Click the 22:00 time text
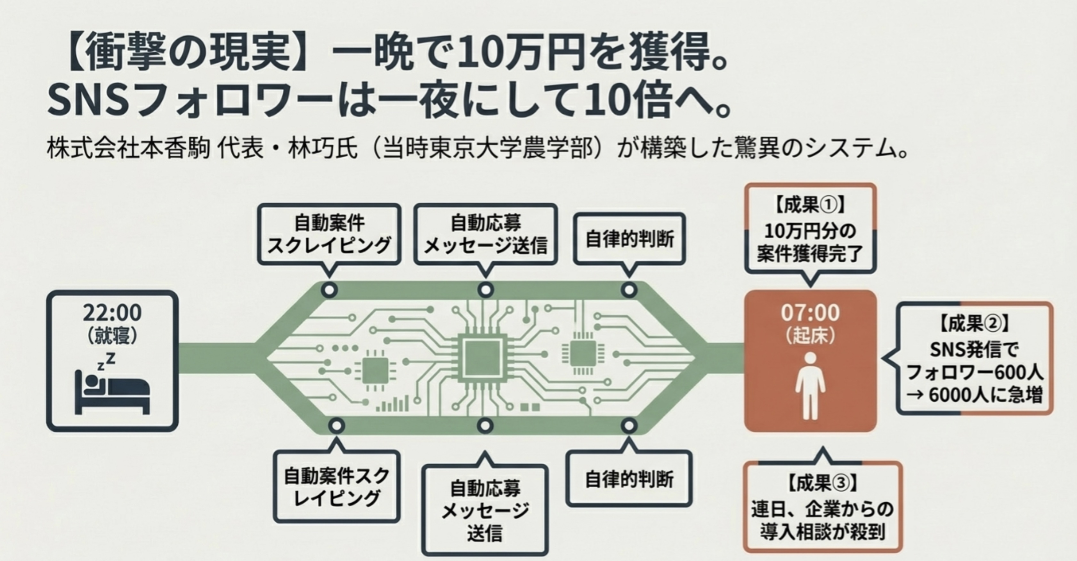(x=112, y=313)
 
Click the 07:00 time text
(x=810, y=313)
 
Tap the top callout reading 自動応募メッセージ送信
(x=485, y=234)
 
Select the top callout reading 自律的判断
(x=629, y=239)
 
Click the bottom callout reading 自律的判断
(x=629, y=479)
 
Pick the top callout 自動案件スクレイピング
(x=329, y=234)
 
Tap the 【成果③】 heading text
(x=822, y=484)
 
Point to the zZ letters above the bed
(x=106, y=361)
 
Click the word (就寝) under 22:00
(x=112, y=335)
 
